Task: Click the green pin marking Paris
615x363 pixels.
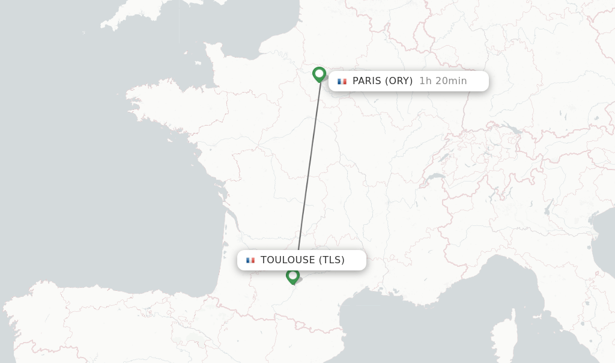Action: click(x=319, y=74)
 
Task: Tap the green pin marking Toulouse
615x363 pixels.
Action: click(x=292, y=276)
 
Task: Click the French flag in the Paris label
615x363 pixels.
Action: click(x=342, y=81)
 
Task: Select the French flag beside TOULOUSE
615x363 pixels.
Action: click(x=250, y=260)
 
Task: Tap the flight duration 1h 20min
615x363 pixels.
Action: click(x=443, y=81)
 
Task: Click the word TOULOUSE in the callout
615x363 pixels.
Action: click(x=288, y=260)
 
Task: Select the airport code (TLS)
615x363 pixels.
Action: click(x=332, y=260)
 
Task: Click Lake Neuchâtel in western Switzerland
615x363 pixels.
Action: click(x=443, y=157)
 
